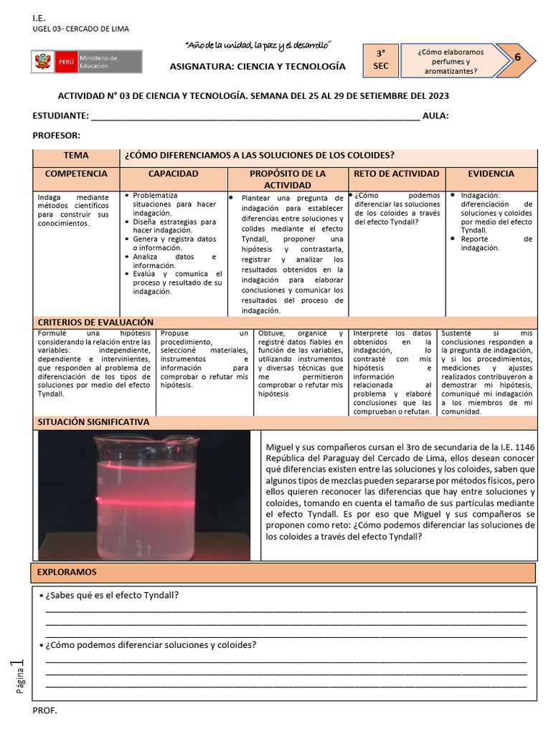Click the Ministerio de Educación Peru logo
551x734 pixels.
click(x=87, y=62)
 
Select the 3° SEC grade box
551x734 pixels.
click(x=381, y=60)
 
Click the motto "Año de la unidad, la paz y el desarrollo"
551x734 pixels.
click(x=258, y=45)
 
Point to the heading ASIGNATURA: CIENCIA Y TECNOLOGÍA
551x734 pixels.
click(x=258, y=67)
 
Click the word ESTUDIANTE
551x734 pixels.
click(x=61, y=116)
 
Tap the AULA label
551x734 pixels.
click(x=435, y=116)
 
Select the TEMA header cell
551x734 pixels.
click(x=76, y=156)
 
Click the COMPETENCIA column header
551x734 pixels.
click(x=76, y=174)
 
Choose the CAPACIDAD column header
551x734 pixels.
click(x=174, y=174)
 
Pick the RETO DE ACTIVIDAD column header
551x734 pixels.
click(x=396, y=174)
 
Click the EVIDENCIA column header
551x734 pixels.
click(x=491, y=174)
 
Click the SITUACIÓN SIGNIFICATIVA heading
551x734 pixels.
click(x=93, y=422)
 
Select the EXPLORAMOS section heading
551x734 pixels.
click(x=67, y=572)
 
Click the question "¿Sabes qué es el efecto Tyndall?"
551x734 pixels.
click(x=112, y=596)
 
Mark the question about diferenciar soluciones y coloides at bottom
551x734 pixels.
click(x=151, y=644)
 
